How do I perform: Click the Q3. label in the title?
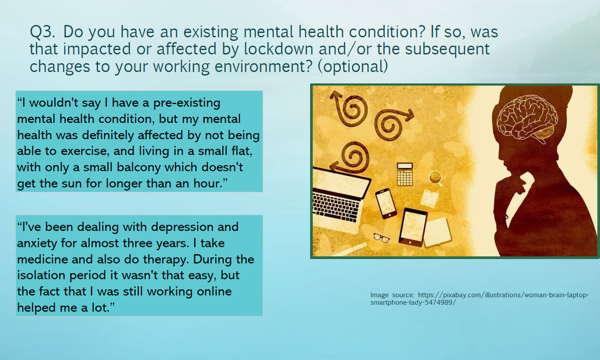[42, 32]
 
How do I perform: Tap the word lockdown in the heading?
[278, 49]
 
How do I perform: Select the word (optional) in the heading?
[353, 66]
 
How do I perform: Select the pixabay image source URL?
[480, 299]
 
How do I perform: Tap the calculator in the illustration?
[405, 174]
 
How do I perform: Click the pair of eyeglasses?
[381, 238]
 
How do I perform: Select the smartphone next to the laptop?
[386, 203]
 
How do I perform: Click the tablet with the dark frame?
[412, 227]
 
